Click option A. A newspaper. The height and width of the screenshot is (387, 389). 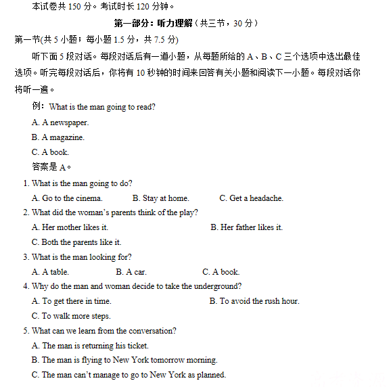[60, 122]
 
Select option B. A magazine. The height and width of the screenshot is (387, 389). [58, 137]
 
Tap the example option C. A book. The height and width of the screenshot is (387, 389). [50, 152]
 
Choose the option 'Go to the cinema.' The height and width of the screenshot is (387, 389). [67, 198]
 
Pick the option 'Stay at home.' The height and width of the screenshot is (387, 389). [161, 198]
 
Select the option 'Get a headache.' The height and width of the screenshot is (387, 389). [252, 198]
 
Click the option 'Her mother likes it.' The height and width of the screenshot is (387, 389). [70, 227]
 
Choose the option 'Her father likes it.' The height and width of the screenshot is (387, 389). [247, 227]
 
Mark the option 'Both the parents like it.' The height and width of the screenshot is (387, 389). [76, 242]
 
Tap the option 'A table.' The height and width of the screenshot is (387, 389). [50, 272]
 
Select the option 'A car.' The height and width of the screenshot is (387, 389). [131, 272]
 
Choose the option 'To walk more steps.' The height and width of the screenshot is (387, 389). [71, 316]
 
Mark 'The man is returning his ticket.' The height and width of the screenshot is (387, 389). [90, 346]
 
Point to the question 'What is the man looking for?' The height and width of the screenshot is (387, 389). [81, 257]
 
